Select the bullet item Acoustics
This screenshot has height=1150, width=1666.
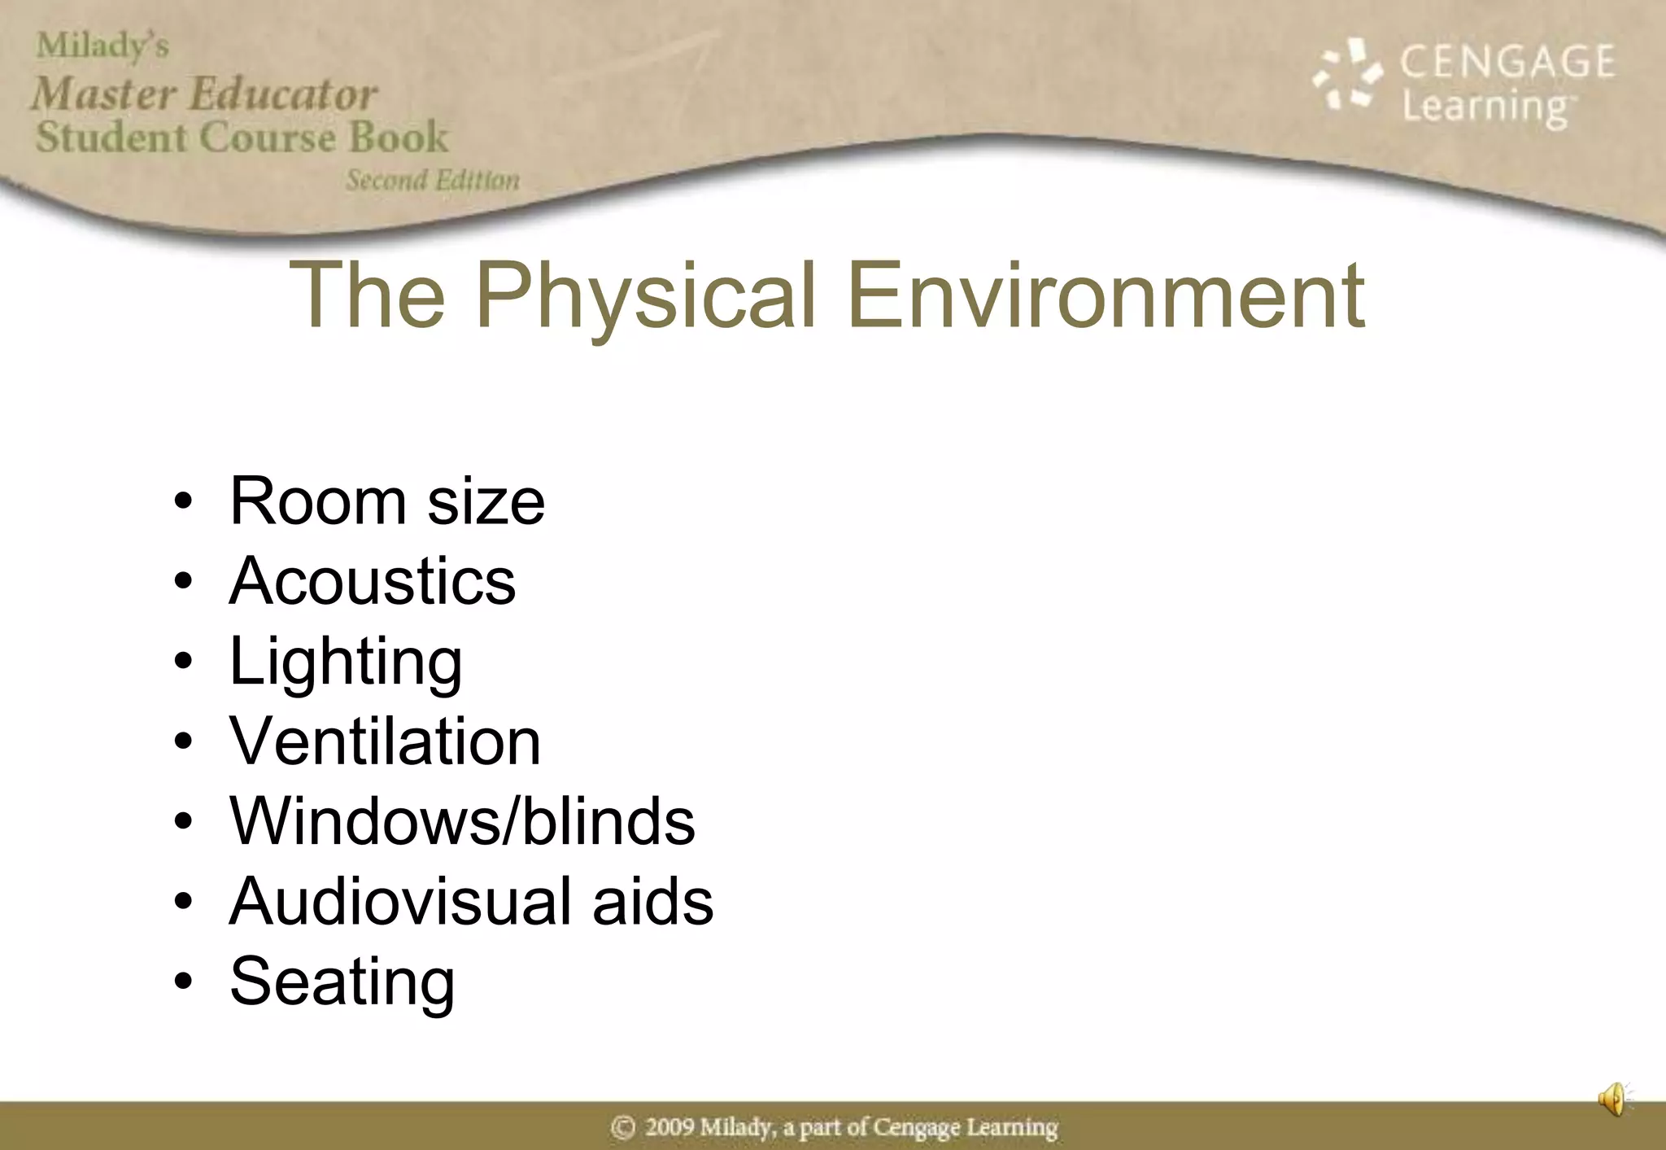pos(373,581)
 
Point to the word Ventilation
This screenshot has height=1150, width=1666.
pos(385,741)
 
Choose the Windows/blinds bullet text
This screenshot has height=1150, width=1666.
pos(462,821)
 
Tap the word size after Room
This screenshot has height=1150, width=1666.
pos(486,501)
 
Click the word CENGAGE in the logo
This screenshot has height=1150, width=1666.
pos(1507,62)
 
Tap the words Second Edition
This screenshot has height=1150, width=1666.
pos(433,180)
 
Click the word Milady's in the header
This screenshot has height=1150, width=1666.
pos(102,46)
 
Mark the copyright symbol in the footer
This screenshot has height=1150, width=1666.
pos(623,1127)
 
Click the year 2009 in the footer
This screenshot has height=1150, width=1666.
pos(669,1127)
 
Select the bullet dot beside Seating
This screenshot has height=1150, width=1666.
pos(184,982)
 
